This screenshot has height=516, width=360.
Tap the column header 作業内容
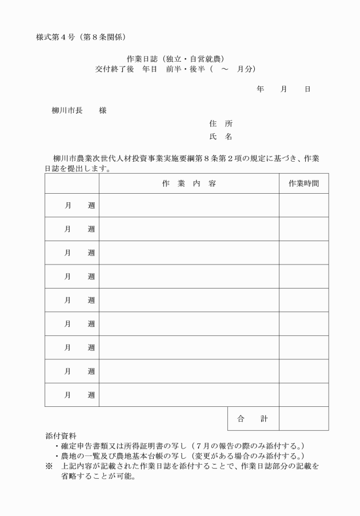pyautogui.click(x=189, y=183)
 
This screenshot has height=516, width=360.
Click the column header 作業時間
pyautogui.click(x=303, y=183)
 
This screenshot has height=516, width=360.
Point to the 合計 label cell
pyautogui.click(x=253, y=419)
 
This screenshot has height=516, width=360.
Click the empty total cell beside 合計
pyautogui.click(x=303, y=419)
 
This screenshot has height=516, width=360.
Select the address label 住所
pyautogui.click(x=221, y=123)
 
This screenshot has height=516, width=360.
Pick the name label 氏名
pyautogui.click(x=221, y=137)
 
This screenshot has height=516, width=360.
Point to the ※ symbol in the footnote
pyautogui.click(x=49, y=466)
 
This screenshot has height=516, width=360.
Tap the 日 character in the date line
pyautogui.click(x=307, y=89)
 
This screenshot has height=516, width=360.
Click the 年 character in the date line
pyautogui.click(x=260, y=89)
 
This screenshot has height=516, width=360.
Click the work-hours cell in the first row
pyautogui.click(x=303, y=205)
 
